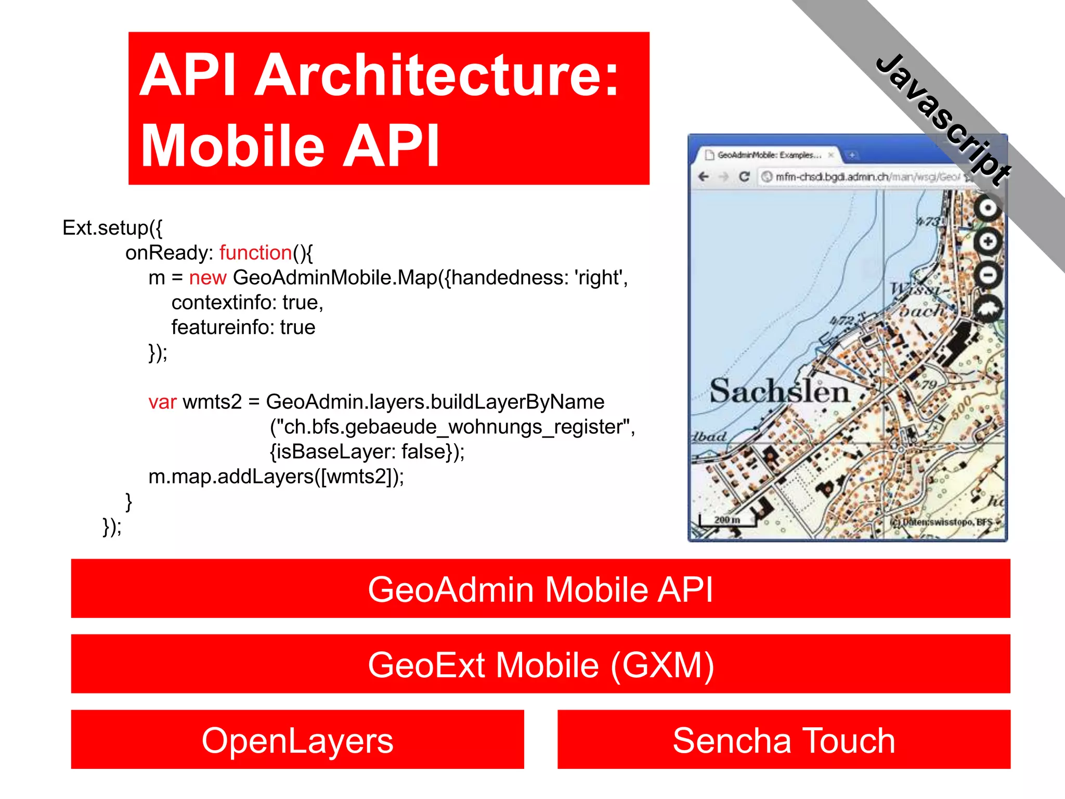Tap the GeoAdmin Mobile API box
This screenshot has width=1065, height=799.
(x=540, y=589)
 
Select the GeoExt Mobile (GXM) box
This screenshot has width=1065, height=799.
(x=540, y=664)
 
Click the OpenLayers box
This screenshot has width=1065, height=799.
(x=297, y=740)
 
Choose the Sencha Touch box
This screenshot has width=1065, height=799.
(x=784, y=740)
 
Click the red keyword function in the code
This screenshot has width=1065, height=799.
(x=255, y=253)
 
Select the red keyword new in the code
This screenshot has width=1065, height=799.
(x=207, y=278)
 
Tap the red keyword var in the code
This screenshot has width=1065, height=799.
(x=162, y=402)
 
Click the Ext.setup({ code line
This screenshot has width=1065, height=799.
(x=112, y=228)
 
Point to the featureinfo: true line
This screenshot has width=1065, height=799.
(x=243, y=328)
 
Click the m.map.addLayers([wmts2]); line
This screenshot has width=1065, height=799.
(x=276, y=476)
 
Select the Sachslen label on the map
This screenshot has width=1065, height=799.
(x=779, y=391)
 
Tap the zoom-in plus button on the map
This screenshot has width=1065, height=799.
(x=988, y=241)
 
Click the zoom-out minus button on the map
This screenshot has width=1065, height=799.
(x=988, y=274)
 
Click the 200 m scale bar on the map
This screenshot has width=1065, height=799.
(x=727, y=520)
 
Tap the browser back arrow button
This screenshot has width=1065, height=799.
(x=704, y=177)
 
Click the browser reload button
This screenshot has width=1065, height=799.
(x=744, y=177)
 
